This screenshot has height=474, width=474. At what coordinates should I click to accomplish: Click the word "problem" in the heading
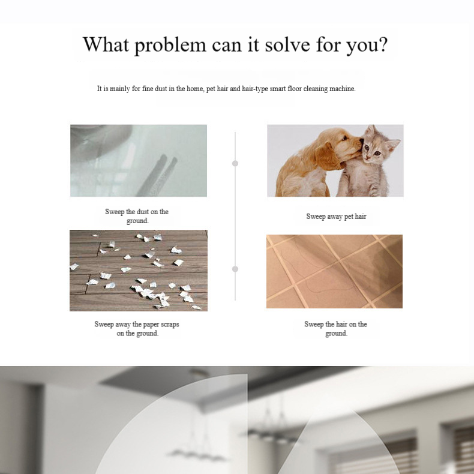(170, 46)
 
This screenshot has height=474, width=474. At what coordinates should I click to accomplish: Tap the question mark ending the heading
(382, 44)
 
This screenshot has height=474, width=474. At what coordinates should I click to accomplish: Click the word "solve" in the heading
(287, 44)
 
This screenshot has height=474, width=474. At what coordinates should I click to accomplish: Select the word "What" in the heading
(106, 44)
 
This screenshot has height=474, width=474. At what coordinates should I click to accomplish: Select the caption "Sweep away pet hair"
(336, 217)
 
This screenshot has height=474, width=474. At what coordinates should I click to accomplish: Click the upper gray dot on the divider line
(235, 163)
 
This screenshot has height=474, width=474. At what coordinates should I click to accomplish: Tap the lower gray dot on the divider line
(235, 269)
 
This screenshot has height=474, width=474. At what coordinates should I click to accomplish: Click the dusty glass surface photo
(139, 161)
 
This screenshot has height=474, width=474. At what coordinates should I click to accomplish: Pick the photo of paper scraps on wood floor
(139, 270)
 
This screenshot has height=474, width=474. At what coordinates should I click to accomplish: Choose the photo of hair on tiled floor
(334, 271)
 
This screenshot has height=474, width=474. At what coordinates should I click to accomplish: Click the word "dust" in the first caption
(143, 212)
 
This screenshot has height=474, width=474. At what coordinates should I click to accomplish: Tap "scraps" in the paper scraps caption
(170, 325)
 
